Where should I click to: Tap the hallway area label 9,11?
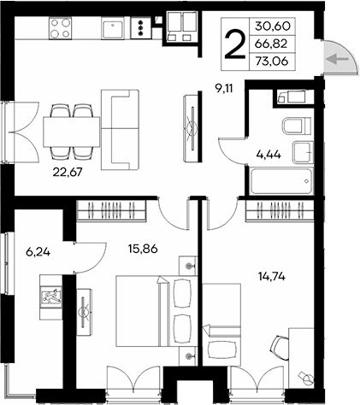tap(224, 85)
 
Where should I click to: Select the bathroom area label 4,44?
tap(269, 155)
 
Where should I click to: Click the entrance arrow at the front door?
tap(339, 59)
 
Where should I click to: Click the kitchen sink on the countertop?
tap(112, 28)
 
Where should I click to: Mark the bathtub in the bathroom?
tap(281, 182)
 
